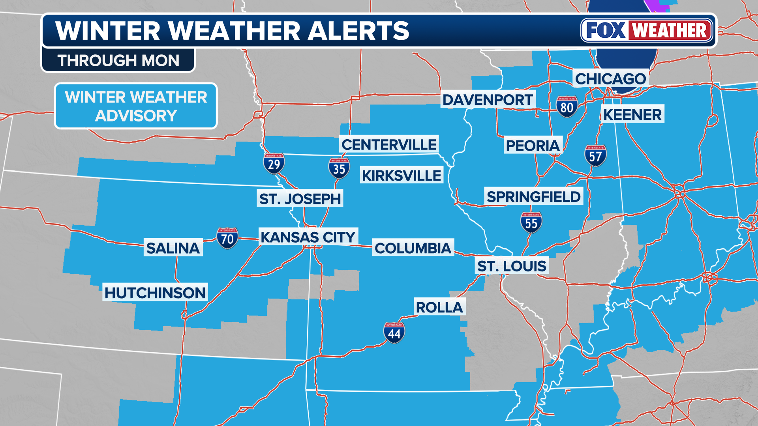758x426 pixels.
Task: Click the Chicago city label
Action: coord(610,79)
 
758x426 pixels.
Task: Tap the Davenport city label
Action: coord(488,100)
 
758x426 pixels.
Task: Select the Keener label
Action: coord(632,114)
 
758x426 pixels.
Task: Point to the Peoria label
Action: coord(533,146)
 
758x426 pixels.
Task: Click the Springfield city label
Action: coord(533,196)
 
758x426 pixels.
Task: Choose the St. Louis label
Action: coord(512,266)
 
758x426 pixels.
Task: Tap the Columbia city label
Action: coord(413,248)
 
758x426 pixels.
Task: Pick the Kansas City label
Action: coord(308,237)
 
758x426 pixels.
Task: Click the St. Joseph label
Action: coord(300,199)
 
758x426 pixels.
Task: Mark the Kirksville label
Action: coord(402,176)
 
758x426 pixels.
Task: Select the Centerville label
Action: coord(389,145)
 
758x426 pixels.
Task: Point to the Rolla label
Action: coord(439,307)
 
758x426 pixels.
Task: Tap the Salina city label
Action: coord(173,248)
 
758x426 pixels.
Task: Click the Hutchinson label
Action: coord(155,293)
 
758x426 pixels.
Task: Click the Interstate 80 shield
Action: coord(567,107)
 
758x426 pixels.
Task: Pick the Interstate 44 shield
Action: coord(394,333)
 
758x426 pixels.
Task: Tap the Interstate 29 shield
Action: coord(274,164)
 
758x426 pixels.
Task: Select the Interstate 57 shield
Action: coord(595,156)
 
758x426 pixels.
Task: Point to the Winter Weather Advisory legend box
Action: coord(136,106)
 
